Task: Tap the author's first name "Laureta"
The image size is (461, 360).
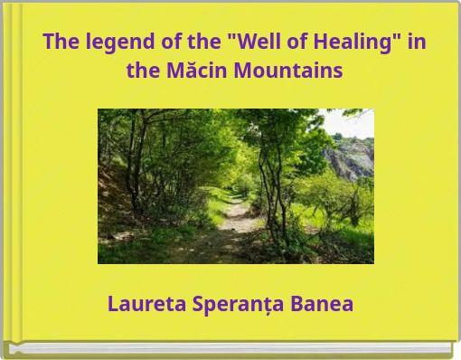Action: click(x=146, y=304)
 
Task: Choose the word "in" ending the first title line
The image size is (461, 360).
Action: click(x=417, y=43)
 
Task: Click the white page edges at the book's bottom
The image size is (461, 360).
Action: click(x=226, y=347)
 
